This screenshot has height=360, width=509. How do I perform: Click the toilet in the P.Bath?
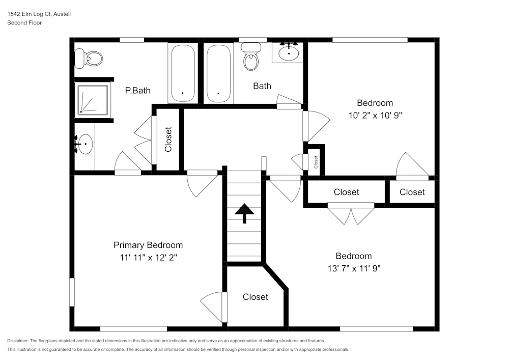click(x=88, y=59)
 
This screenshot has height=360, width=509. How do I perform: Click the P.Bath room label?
click(x=138, y=91)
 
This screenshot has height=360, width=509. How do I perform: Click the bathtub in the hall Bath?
click(x=219, y=74)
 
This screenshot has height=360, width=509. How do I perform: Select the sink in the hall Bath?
click(x=289, y=52)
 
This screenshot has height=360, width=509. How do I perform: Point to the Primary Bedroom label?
click(x=148, y=245)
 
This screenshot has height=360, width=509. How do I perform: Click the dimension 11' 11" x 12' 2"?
click(x=148, y=257)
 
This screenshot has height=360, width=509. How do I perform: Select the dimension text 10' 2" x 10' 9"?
click(x=375, y=115)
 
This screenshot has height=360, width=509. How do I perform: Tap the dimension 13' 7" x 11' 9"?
click(x=353, y=268)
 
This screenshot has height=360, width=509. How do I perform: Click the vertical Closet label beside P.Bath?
click(x=168, y=139)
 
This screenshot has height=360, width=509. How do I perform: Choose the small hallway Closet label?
click(x=316, y=162)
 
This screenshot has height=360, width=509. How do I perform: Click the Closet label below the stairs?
click(x=255, y=297)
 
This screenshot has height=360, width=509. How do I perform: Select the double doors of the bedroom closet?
click(x=351, y=214)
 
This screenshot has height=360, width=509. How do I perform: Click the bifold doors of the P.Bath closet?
click(x=144, y=141)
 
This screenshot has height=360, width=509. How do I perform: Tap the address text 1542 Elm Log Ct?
click(x=39, y=14)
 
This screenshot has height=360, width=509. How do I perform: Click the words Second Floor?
click(x=24, y=23)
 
